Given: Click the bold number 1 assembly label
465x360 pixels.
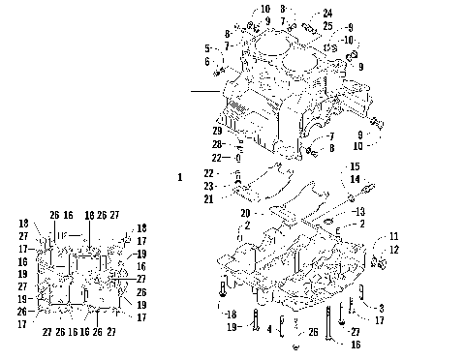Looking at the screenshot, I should tap(180, 177).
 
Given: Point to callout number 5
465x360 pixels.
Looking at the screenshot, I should tap(207, 47).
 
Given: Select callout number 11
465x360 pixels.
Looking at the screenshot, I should tap(393, 236).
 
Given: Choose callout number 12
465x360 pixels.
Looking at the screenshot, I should tap(393, 251).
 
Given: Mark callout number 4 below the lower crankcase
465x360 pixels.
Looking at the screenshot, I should tap(270, 329).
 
